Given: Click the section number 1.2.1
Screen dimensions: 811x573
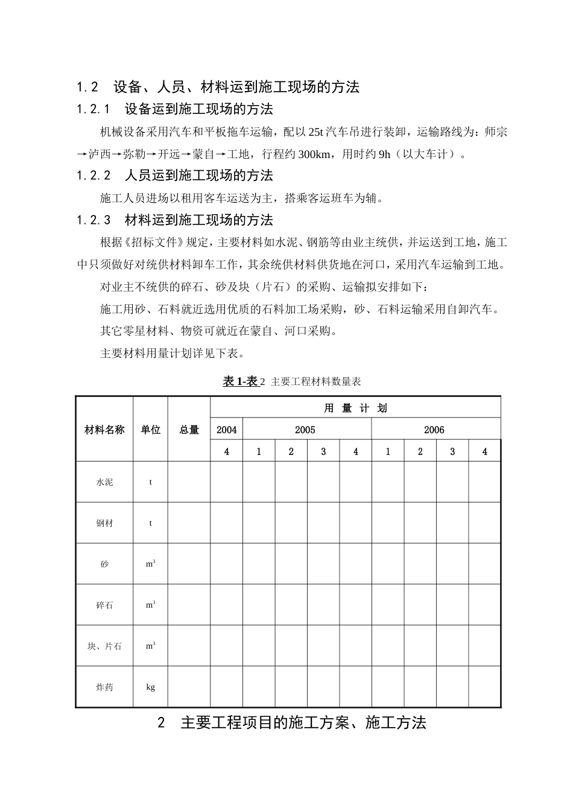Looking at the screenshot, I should tap(93, 109).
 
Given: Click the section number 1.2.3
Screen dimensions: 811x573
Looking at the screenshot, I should tap(93, 220).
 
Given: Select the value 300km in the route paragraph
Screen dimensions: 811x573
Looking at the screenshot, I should tap(314, 154).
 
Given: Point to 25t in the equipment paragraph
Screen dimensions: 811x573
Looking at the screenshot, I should tap(315, 132).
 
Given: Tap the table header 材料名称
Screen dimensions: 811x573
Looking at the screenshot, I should tap(104, 430).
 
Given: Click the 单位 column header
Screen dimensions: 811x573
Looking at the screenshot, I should tap(151, 430).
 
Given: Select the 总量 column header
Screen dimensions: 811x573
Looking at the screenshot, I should tap(189, 430).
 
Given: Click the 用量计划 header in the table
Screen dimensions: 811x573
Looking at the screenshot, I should tap(355, 408).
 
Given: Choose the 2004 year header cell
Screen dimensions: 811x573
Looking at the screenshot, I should tap(227, 430).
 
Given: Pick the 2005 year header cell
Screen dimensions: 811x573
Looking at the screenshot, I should tap(305, 430).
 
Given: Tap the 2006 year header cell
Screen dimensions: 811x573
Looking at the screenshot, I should tap(434, 430).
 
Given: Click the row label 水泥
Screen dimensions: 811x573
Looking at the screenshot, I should tap(104, 482).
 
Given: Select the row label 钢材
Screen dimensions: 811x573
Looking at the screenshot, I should tap(104, 523).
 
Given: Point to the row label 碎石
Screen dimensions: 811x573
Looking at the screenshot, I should tap(104, 605).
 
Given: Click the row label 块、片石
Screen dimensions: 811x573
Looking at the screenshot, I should tap(104, 646).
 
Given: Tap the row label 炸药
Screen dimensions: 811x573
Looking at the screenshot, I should tap(104, 687).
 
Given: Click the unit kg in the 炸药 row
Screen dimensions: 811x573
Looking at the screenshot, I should tap(151, 687).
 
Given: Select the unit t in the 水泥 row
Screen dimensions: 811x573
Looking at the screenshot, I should tap(151, 482).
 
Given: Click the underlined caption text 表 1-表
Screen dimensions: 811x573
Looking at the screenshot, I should tap(240, 381).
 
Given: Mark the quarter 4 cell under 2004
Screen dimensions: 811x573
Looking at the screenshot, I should tap(227, 451).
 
